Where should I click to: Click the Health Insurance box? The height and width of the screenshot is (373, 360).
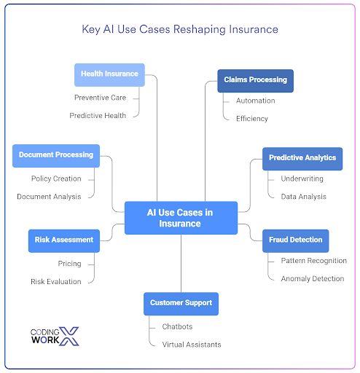click(109, 75)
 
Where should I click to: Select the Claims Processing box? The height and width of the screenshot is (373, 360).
click(255, 81)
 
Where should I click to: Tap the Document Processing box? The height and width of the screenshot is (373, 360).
click(56, 156)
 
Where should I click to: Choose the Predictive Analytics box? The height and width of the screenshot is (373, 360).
click(302, 159)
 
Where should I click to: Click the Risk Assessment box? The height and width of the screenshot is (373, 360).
click(64, 241)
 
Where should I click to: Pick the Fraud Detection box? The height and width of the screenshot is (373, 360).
click(296, 241)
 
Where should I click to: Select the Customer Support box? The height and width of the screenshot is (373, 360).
click(181, 304)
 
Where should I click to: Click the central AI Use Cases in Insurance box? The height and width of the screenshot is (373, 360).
click(181, 218)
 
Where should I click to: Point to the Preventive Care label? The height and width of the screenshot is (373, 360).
click(101, 98)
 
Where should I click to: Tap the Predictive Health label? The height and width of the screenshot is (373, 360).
click(98, 116)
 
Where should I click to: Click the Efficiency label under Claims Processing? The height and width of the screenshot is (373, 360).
click(252, 119)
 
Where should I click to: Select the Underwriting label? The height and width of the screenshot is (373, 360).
click(302, 178)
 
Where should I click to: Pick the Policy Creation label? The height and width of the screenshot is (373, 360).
click(56, 178)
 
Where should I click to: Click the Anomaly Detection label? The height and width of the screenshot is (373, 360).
click(313, 278)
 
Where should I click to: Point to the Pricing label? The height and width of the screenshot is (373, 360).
click(70, 264)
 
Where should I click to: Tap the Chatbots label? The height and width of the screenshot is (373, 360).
click(177, 326)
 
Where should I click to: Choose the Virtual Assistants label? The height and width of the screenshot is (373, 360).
click(192, 345)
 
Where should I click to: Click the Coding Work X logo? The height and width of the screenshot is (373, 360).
click(55, 337)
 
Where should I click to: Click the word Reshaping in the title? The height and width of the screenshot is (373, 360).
click(200, 30)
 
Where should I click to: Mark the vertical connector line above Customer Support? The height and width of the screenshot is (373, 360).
click(181, 264)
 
